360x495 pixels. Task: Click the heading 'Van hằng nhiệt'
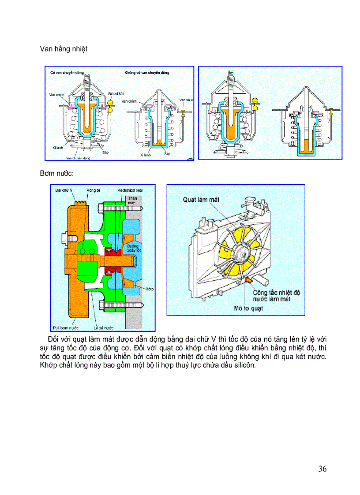click(x=64, y=49)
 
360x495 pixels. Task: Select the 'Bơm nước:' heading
click(x=56, y=174)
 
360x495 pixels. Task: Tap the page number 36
click(x=322, y=469)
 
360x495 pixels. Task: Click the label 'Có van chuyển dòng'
click(x=67, y=72)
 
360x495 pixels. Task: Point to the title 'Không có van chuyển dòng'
click(x=146, y=72)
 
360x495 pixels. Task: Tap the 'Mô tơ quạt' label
click(x=248, y=309)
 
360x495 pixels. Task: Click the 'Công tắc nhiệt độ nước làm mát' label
click(x=276, y=296)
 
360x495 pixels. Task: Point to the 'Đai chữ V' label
click(x=64, y=190)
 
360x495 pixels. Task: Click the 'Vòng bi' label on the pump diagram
click(x=94, y=190)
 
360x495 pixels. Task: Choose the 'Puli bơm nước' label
click(x=65, y=328)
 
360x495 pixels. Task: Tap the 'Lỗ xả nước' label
click(x=104, y=328)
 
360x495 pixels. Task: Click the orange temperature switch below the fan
click(x=248, y=280)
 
